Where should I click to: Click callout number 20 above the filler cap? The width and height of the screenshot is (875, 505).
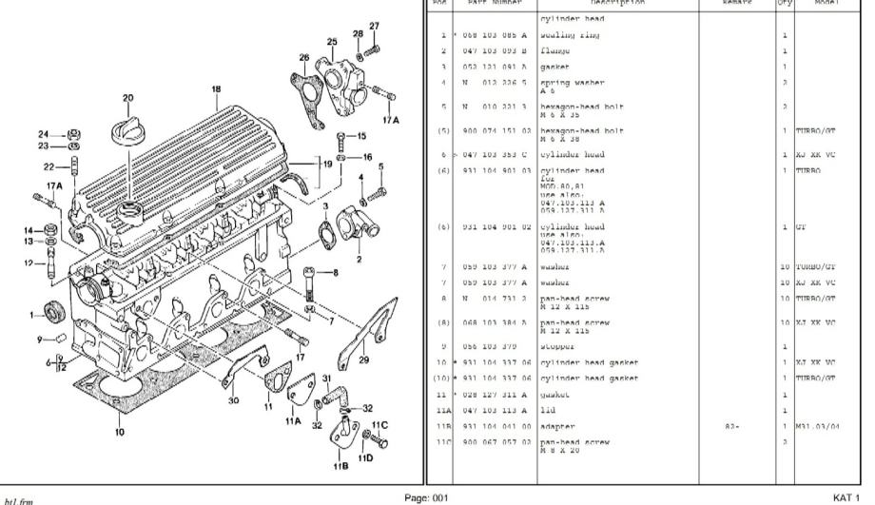(x=127, y=97)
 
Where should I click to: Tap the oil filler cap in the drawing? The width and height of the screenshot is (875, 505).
(x=128, y=130)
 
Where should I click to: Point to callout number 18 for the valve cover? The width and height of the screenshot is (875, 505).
(x=216, y=90)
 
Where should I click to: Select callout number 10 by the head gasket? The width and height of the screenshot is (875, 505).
(x=119, y=431)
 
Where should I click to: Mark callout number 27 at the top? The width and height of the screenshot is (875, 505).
(x=374, y=26)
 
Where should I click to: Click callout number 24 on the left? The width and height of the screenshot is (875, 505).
(x=44, y=133)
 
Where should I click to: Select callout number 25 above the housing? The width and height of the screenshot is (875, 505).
(x=332, y=42)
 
